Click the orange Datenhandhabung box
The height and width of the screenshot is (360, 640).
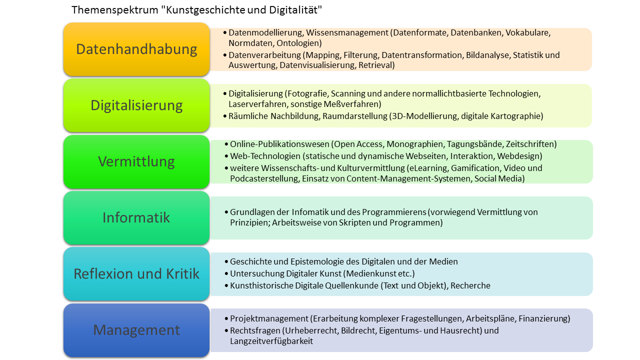[136, 49]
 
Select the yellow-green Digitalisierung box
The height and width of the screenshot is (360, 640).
[136, 105]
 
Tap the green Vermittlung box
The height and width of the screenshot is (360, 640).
[136, 161]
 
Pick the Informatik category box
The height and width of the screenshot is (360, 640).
[136, 217]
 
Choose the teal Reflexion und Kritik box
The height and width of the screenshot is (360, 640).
[136, 274]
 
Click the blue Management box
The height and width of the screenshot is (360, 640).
[136, 330]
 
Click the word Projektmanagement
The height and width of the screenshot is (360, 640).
[268, 318]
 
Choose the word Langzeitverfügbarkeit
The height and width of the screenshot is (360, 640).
[271, 341]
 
